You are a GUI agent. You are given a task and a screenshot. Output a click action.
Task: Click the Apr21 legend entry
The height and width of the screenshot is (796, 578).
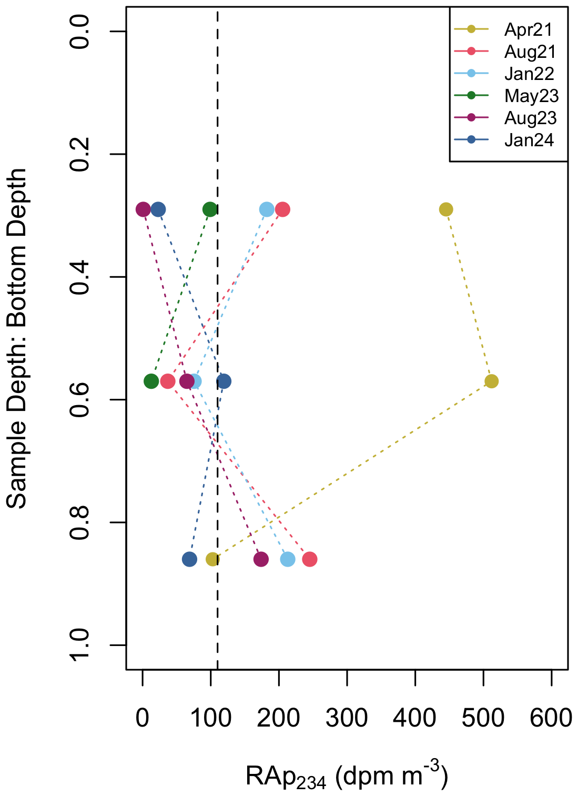[x=528, y=29]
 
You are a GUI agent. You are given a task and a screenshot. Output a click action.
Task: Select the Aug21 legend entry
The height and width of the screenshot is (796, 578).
[x=530, y=52]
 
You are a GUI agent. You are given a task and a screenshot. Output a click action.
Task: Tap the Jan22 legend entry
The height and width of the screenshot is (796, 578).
[x=529, y=74]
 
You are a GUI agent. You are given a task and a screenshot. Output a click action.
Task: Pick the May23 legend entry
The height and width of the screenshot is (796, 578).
[x=531, y=96]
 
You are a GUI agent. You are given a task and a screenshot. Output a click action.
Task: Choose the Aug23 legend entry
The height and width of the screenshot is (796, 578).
[x=530, y=118]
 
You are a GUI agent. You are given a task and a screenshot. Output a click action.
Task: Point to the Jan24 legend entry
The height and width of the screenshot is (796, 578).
[x=529, y=140]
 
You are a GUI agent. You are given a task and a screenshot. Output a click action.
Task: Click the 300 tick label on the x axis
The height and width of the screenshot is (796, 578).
[x=347, y=718]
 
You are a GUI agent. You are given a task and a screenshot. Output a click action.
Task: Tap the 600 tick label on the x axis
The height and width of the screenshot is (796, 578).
[x=551, y=718]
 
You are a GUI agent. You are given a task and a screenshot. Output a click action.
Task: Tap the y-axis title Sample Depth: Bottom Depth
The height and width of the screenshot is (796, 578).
[x=17, y=338]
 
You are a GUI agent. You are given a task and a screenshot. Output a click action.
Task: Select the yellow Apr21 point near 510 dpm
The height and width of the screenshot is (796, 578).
[x=491, y=381]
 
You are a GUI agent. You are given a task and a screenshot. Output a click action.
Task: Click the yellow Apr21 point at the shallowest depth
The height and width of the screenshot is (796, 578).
[x=446, y=209]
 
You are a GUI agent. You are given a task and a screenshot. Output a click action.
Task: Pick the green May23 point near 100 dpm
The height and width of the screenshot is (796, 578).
[x=210, y=209]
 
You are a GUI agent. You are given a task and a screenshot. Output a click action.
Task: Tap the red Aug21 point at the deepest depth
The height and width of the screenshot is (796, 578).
[x=310, y=559]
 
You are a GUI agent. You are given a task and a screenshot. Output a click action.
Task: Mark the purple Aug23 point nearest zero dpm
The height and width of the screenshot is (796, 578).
[x=143, y=209]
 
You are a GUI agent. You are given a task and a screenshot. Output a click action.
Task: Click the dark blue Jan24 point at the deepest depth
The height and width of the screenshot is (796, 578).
[x=189, y=559]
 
